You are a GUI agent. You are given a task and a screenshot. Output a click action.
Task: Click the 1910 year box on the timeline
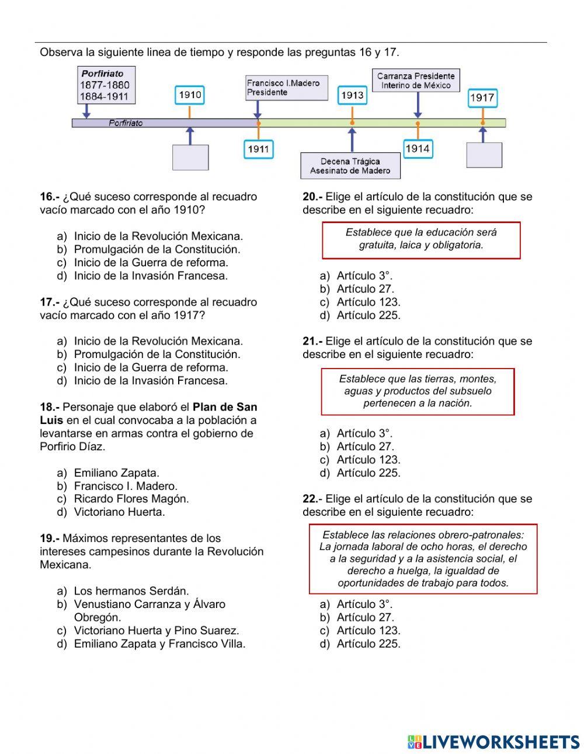[x=190, y=95]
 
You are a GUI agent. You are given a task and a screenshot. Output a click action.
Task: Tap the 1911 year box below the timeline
[x=258, y=149]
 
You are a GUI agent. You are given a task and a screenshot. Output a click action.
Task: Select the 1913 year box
[x=352, y=95]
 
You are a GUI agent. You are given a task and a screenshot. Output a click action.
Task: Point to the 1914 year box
[x=418, y=149]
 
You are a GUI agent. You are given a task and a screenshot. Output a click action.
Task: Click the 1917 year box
[x=482, y=98]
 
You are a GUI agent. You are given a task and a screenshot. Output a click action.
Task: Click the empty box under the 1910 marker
[x=190, y=157]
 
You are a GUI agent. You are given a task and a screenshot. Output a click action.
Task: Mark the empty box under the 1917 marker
[x=484, y=155]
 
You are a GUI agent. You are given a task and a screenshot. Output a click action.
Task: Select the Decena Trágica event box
[x=350, y=166]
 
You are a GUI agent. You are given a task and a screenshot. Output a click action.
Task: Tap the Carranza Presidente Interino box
[x=416, y=81]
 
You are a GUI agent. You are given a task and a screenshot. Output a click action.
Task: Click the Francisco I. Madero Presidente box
[x=286, y=88]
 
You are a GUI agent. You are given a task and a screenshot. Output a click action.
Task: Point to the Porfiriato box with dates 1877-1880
[x=106, y=85]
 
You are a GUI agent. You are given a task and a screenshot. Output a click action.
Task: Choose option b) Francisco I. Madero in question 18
[x=125, y=486]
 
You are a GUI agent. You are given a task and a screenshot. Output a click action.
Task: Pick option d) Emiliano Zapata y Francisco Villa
[x=159, y=644]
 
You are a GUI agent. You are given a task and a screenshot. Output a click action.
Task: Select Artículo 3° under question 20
[x=364, y=276]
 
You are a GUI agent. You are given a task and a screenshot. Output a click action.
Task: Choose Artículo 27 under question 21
[x=365, y=447]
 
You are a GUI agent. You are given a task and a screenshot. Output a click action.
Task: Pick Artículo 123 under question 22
[x=368, y=631]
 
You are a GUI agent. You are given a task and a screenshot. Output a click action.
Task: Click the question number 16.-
[x=50, y=197]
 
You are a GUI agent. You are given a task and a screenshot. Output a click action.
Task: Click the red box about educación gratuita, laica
[x=421, y=240]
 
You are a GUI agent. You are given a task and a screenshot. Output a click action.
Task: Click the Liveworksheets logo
[x=493, y=742]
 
